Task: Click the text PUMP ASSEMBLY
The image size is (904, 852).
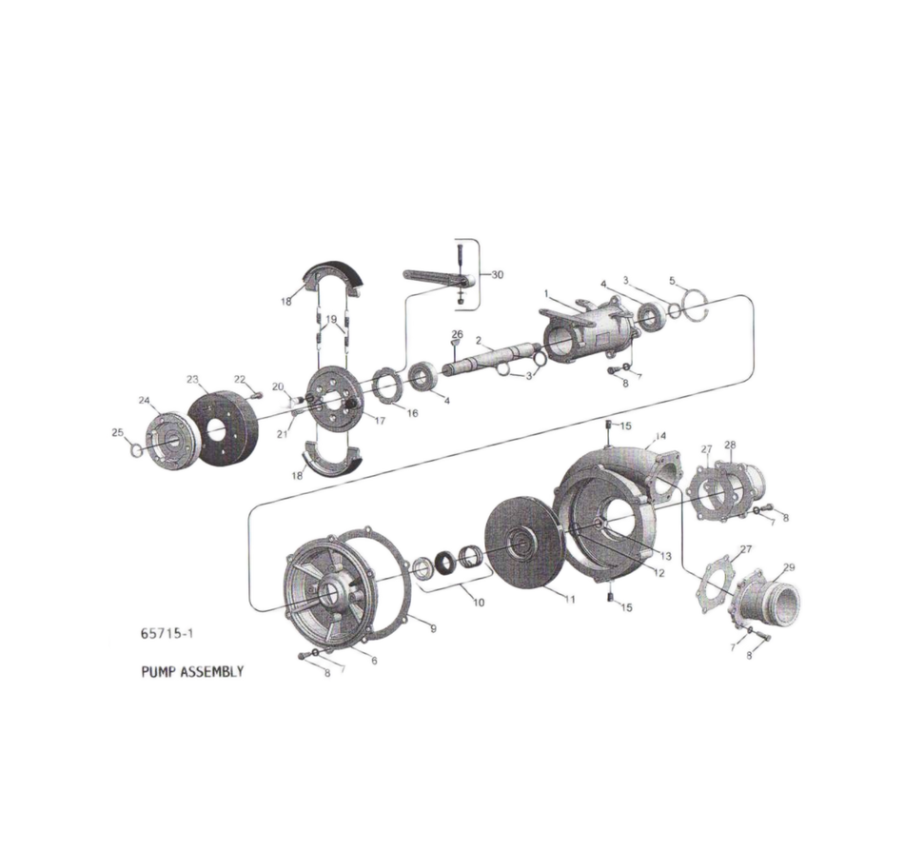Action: pyautogui.click(x=193, y=671)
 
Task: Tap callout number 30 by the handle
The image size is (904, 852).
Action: pyautogui.click(x=498, y=273)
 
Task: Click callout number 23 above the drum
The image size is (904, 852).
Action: pyautogui.click(x=193, y=379)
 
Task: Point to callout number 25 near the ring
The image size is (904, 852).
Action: pyautogui.click(x=117, y=433)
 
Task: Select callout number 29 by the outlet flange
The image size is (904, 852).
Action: pyautogui.click(x=788, y=566)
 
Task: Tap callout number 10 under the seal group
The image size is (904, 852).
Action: pyautogui.click(x=479, y=602)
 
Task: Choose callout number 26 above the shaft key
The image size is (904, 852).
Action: pyautogui.click(x=457, y=334)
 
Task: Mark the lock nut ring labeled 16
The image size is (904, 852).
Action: pyautogui.click(x=385, y=386)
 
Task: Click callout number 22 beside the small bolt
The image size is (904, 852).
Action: pyautogui.click(x=240, y=379)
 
